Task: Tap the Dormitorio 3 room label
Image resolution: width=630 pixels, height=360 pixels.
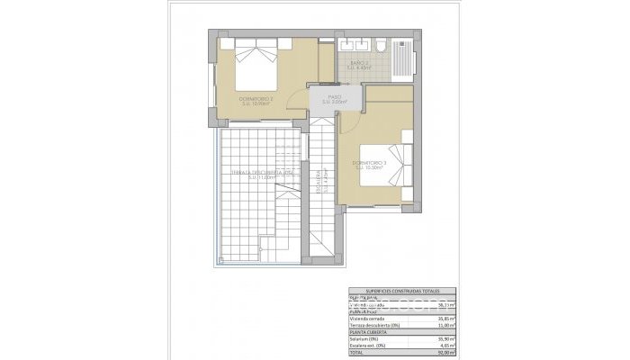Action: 371,164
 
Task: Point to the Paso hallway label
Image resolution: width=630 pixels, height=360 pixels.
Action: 335,99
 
